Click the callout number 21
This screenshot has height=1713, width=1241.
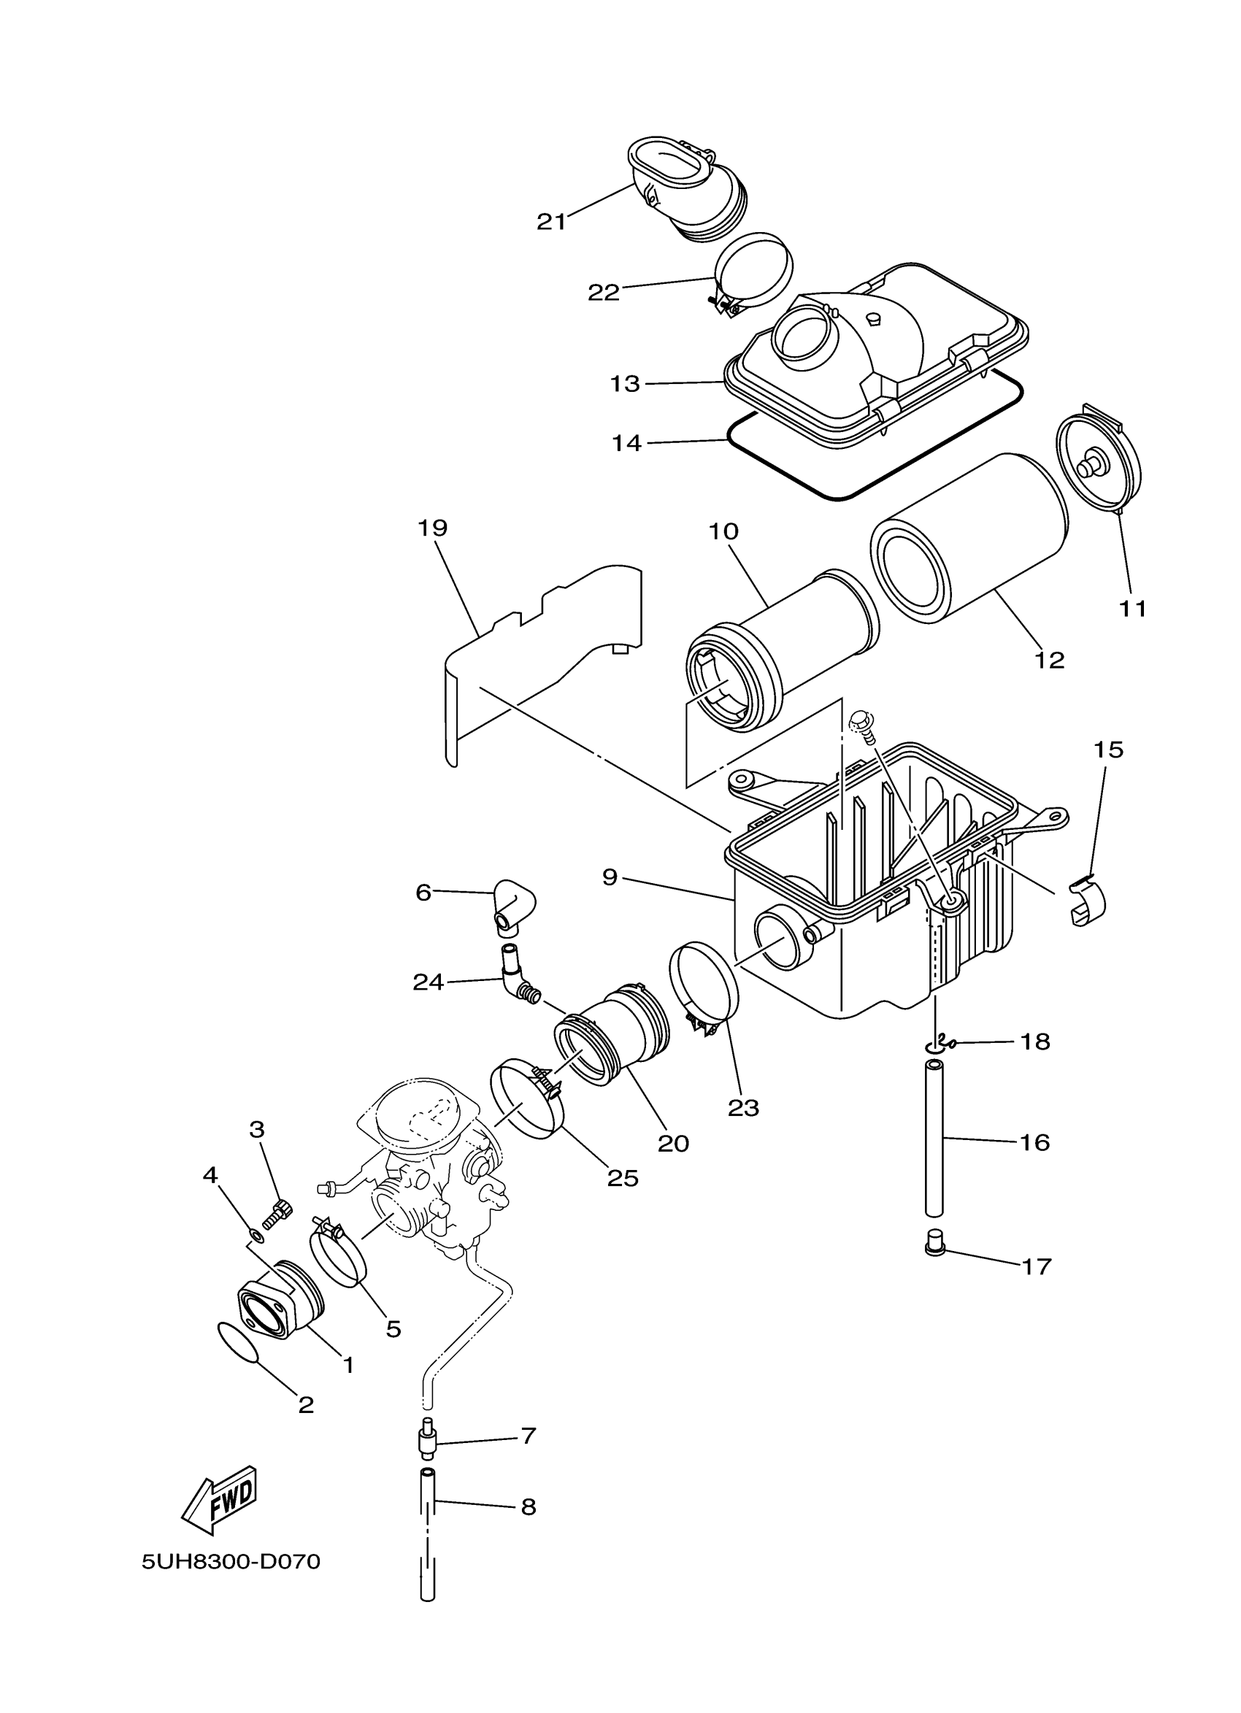tap(550, 221)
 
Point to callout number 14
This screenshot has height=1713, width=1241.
tap(626, 443)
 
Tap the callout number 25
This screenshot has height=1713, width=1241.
tap(623, 1178)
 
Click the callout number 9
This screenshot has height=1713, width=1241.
tap(610, 877)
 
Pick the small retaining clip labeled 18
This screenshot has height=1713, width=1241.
tap(941, 1045)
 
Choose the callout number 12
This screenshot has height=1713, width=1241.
tap(1049, 659)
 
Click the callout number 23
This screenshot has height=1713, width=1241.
tap(743, 1108)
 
